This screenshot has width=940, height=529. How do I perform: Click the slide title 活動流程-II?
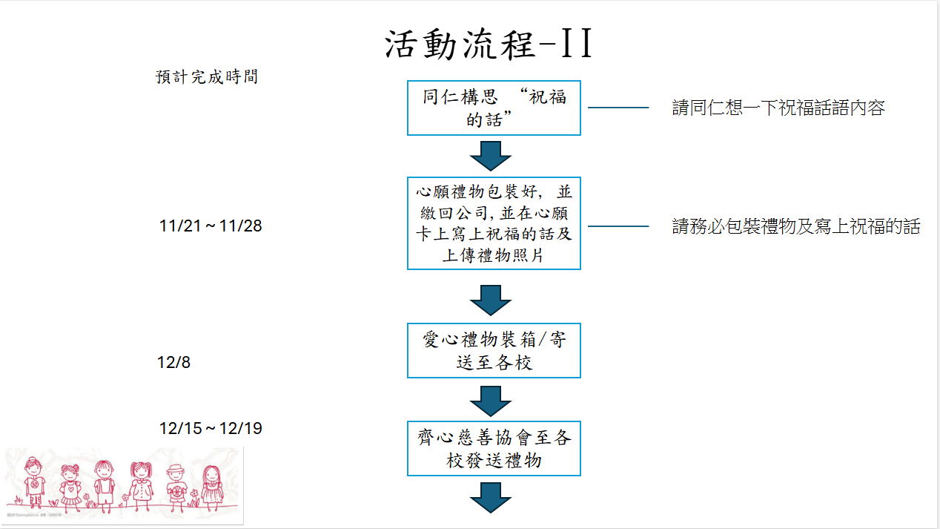pyautogui.click(x=489, y=45)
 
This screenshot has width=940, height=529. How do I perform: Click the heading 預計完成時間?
pyautogui.click(x=207, y=77)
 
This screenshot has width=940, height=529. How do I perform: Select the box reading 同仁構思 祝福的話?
pyautogui.click(x=494, y=108)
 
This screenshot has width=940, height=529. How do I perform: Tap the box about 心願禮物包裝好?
pyautogui.click(x=494, y=223)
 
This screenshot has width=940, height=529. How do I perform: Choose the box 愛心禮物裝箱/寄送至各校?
pyautogui.click(x=494, y=351)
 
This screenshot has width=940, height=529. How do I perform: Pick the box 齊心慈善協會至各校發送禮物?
pyautogui.click(x=494, y=448)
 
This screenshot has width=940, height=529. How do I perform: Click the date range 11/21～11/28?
pyautogui.click(x=211, y=226)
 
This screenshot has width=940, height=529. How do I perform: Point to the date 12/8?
pyautogui.click(x=173, y=363)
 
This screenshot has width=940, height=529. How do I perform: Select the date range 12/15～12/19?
pyautogui.click(x=211, y=429)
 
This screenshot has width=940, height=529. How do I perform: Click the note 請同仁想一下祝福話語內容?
pyautogui.click(x=778, y=108)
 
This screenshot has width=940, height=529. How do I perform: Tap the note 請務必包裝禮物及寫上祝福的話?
pyautogui.click(x=795, y=227)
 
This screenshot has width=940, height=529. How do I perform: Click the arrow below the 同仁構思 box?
pyautogui.click(x=491, y=156)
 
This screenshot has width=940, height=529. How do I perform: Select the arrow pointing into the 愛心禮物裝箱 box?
pyautogui.click(x=491, y=300)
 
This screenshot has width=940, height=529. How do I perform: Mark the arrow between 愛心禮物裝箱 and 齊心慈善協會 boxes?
pyautogui.click(x=491, y=401)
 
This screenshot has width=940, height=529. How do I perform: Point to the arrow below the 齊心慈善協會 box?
pyautogui.click(x=491, y=497)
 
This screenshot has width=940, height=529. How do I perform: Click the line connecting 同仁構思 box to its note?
pyautogui.click(x=618, y=108)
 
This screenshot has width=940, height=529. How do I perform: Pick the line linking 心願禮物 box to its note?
pyautogui.click(x=618, y=226)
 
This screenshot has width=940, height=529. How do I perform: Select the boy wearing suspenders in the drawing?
pyautogui.click(x=105, y=486)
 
